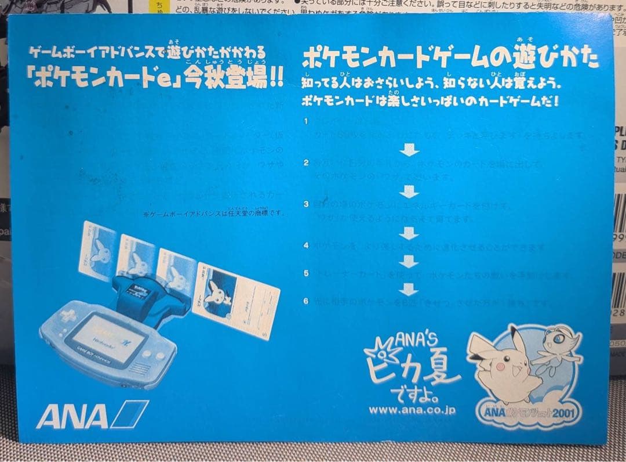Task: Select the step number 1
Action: click(x=306, y=121)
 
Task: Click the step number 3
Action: click(x=306, y=204)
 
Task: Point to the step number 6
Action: click(x=306, y=301)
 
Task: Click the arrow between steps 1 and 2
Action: click(x=409, y=150)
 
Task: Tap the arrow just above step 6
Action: click(x=409, y=288)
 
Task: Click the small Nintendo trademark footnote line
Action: click(x=214, y=213)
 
